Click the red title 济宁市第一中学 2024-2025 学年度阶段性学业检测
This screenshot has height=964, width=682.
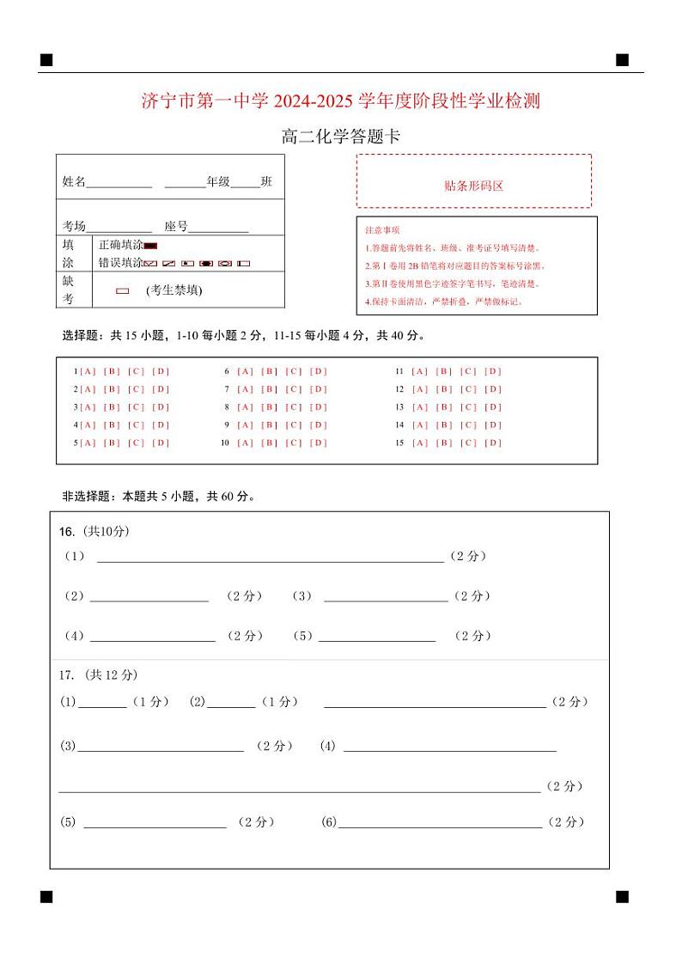coord(341,101)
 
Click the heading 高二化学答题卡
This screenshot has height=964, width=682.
coord(341,137)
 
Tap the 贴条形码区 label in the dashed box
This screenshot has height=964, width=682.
coord(473,186)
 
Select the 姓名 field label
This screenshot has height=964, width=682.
coord(74,182)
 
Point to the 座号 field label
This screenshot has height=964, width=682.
coord(176,227)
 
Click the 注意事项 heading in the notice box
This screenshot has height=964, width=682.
coord(382,230)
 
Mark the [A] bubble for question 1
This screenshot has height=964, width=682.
coord(88,371)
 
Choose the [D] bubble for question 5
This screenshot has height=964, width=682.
coord(161,443)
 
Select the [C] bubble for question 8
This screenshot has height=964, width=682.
coord(294,407)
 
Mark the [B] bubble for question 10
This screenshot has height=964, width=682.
coord(270,443)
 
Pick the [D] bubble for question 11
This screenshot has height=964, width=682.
coord(493,371)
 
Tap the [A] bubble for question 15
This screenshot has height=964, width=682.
coord(419,443)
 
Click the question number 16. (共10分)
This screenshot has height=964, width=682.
coord(94,532)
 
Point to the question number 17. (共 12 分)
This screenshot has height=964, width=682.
coord(98,675)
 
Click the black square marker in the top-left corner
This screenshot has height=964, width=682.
coord(46,60)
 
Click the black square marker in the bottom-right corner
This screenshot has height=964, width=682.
coord(622,897)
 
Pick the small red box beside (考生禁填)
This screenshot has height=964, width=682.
coord(123,291)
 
